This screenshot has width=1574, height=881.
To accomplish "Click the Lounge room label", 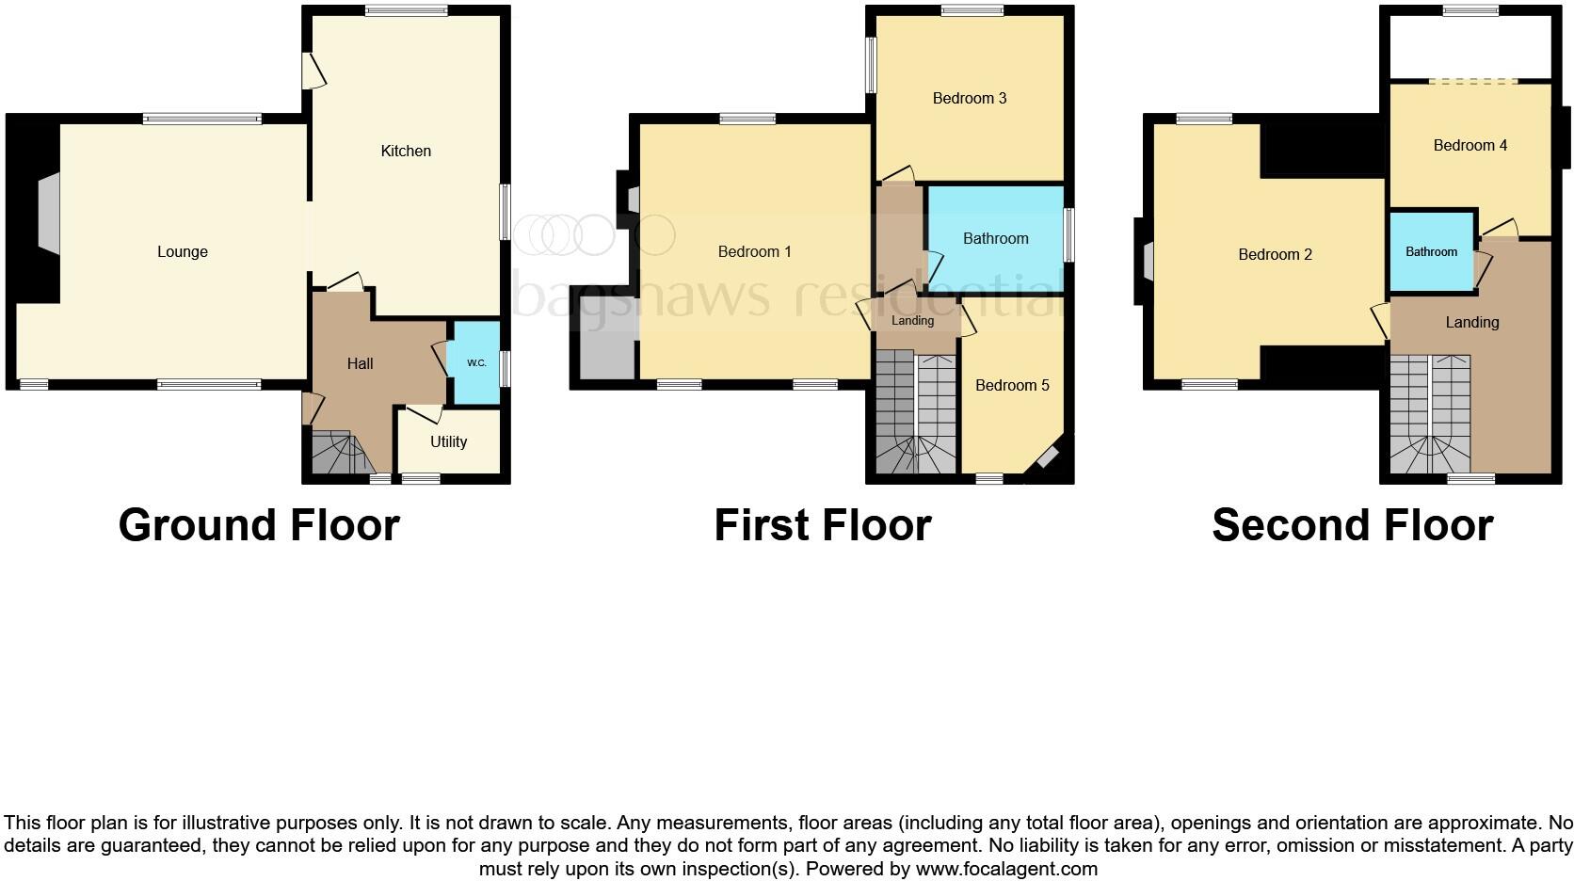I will click(183, 251).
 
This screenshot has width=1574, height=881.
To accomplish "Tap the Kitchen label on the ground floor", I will click(406, 151).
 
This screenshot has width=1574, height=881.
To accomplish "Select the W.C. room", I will click(476, 363).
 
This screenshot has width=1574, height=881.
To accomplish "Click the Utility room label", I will click(448, 441).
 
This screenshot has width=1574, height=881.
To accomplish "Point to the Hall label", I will click(360, 363).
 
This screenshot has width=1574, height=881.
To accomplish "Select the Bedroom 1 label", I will click(754, 251).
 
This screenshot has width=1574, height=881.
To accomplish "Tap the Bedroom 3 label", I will click(970, 98).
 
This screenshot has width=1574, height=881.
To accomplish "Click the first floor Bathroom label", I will click(995, 238).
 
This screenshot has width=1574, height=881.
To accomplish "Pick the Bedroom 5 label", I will click(1012, 385).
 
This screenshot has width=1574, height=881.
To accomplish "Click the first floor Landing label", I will click(912, 321).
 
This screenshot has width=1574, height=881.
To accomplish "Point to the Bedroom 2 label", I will click(1275, 254).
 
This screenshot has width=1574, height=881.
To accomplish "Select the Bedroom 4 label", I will click(1470, 145).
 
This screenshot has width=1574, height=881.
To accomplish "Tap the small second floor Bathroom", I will click(1431, 251).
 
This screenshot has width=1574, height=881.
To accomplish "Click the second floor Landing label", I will click(1471, 322).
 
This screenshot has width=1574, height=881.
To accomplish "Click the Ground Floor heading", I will click(259, 524).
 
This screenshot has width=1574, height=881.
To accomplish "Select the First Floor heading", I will click(822, 524).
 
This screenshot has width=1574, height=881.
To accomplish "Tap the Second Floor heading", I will click(1352, 524).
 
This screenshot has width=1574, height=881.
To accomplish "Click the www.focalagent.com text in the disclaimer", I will click(1006, 869).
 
